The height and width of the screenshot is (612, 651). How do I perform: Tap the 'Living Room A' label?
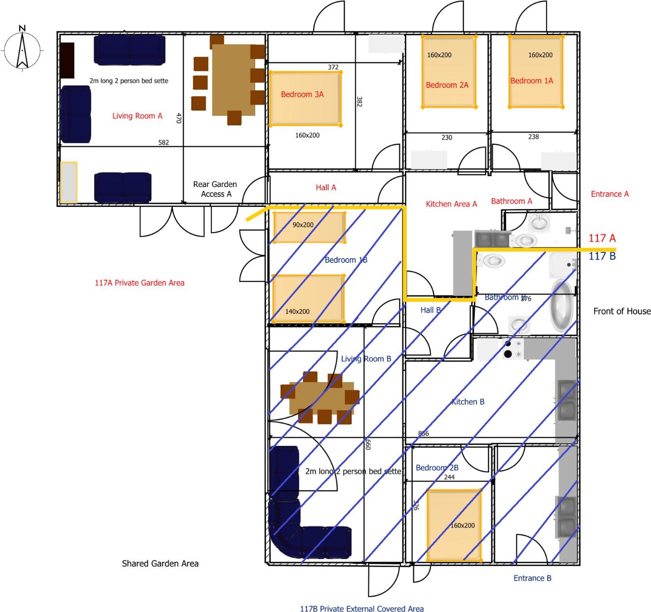coord(137,116)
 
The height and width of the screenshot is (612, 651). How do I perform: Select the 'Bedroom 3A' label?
coord(302,94)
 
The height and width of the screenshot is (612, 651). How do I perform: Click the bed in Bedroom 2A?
coord(449,72)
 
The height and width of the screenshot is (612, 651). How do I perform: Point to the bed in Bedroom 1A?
coord(536,72)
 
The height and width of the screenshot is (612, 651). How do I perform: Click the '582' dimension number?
coord(163,142)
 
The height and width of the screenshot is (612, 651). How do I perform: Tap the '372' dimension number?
coord(333,67)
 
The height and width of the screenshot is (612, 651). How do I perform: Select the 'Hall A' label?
coord(326,188)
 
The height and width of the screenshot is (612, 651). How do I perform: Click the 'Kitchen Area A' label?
coord(451,204)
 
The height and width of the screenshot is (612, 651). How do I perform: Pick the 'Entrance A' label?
coord(609,194)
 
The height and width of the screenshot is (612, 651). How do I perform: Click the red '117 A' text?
coord(602,238)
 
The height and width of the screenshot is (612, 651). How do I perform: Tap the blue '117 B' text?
coord(602,256)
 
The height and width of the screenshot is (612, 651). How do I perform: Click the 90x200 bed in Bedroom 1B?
coord(310,227)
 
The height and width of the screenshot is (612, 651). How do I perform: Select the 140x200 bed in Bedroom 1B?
coord(308,298)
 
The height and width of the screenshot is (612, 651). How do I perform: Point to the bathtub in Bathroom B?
coord(562,306)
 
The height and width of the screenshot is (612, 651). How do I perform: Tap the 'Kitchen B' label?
coord(468,402)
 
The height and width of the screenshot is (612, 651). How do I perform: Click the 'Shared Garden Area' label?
coord(160,564)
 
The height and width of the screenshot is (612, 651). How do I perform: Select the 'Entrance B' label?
coord(532,578)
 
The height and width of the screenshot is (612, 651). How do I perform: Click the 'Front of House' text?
coord(622,311)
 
